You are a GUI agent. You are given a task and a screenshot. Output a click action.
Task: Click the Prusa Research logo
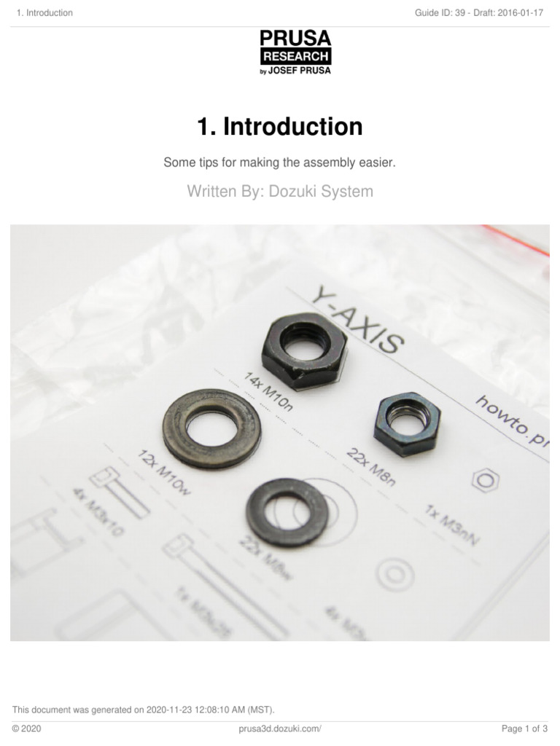coord(296,52)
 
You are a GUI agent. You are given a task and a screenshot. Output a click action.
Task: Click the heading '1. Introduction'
coord(280,127)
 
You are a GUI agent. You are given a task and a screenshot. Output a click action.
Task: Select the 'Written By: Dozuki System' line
coord(280,192)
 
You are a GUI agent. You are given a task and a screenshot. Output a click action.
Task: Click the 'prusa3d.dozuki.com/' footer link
coord(280,728)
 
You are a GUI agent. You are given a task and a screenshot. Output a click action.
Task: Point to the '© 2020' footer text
coord(26,728)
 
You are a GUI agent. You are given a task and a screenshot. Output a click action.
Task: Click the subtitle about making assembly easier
coord(280,163)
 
